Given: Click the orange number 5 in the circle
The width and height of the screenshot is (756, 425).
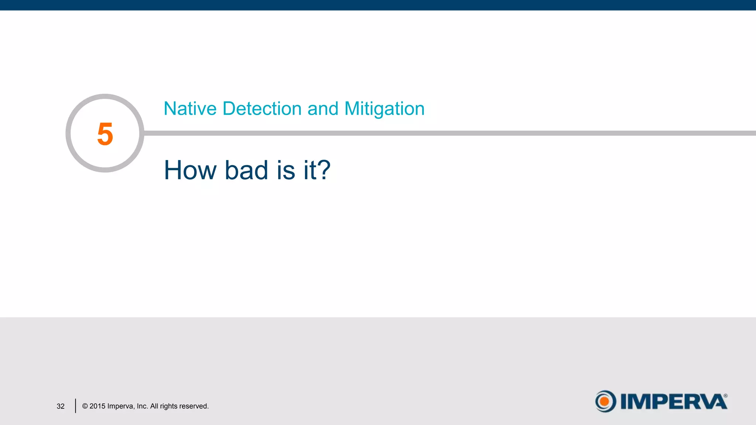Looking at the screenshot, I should (105, 134).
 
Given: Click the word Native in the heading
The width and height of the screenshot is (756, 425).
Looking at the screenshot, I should (190, 109).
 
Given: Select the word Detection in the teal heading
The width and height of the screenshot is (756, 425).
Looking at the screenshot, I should (262, 109).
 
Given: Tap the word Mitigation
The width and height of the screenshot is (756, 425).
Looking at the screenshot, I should (384, 109).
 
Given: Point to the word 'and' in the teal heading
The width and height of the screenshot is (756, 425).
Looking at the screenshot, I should (323, 109).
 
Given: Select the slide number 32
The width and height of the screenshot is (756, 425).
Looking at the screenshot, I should (61, 406).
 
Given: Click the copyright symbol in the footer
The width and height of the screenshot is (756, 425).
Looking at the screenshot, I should (85, 406).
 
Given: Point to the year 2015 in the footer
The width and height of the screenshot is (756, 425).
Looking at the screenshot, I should (97, 406).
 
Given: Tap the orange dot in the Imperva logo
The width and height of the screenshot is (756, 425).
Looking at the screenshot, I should (604, 401).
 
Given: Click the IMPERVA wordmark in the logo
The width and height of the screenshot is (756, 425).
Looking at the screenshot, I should (673, 401).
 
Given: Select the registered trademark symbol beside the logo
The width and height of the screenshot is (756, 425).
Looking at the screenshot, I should (725, 395).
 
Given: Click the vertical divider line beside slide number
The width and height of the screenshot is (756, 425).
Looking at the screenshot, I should (75, 406).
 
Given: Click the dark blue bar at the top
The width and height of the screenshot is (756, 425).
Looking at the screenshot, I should (378, 5).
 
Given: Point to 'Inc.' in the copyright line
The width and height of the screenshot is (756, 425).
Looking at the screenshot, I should (142, 406).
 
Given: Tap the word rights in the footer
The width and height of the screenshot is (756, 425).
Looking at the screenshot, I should (168, 406).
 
